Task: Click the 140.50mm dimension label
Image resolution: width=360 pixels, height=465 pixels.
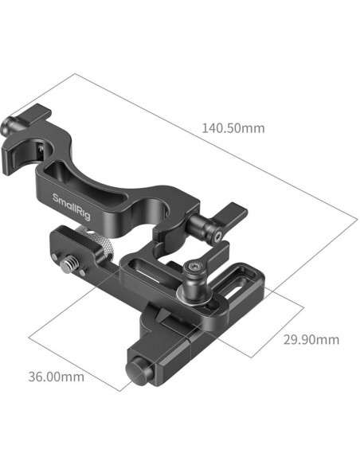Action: pyautogui.click(x=233, y=128)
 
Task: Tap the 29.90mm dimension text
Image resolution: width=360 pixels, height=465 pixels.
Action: pyautogui.click(x=311, y=339)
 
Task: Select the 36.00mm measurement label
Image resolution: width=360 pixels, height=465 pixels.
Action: pyautogui.click(x=56, y=377)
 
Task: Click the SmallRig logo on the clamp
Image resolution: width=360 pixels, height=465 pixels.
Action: pyautogui.click(x=72, y=206)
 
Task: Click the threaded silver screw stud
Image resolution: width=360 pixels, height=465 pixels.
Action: pyautogui.click(x=67, y=263)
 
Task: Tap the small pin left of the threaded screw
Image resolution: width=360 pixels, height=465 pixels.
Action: pyautogui.click(x=55, y=256)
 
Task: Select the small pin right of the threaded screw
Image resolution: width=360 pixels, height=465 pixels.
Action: pyautogui.click(x=83, y=271)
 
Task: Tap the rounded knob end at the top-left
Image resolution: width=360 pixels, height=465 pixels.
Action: pyautogui.click(x=7, y=125)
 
